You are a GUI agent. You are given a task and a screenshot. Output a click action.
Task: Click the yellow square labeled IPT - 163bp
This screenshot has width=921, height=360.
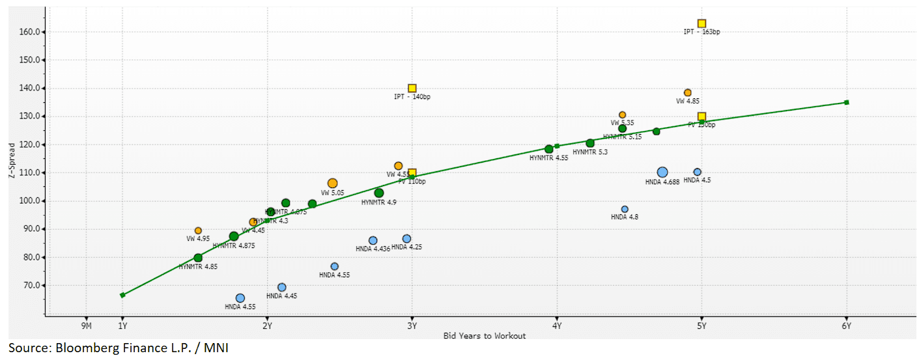click(701, 23)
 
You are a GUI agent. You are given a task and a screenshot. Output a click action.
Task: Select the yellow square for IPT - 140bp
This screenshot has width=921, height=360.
click(412, 89)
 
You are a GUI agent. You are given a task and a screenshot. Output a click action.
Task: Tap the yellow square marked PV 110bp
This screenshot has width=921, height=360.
click(412, 173)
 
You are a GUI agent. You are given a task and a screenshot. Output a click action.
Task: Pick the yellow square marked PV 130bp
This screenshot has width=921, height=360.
click(701, 117)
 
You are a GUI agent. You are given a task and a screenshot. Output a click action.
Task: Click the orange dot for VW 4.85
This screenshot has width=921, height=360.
click(687, 92)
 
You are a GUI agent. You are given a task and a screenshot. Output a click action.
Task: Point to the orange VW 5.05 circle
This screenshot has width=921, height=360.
click(333, 184)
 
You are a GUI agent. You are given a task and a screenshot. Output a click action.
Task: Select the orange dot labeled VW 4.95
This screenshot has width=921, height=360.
click(198, 230)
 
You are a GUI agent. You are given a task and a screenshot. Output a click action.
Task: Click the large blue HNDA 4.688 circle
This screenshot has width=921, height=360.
click(662, 173)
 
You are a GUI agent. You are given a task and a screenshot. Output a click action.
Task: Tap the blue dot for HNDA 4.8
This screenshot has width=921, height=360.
click(625, 209)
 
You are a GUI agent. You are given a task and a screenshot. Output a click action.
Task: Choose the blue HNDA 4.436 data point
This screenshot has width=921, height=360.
click(373, 240)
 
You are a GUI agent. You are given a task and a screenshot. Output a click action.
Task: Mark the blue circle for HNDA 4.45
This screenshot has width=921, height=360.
click(281, 287)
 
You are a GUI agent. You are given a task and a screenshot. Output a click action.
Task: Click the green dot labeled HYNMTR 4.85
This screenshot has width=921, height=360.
click(198, 258)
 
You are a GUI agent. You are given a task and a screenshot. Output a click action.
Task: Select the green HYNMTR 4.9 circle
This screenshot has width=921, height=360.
click(379, 193)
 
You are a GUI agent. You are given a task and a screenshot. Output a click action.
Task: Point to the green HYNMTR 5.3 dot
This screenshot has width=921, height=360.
click(590, 143)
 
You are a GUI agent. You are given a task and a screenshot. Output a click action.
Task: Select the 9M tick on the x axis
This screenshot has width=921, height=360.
click(85, 325)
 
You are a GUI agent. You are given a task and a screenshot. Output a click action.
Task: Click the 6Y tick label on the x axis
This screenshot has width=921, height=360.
click(846, 325)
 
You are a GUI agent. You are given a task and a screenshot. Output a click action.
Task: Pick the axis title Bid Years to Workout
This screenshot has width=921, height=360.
click(484, 336)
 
